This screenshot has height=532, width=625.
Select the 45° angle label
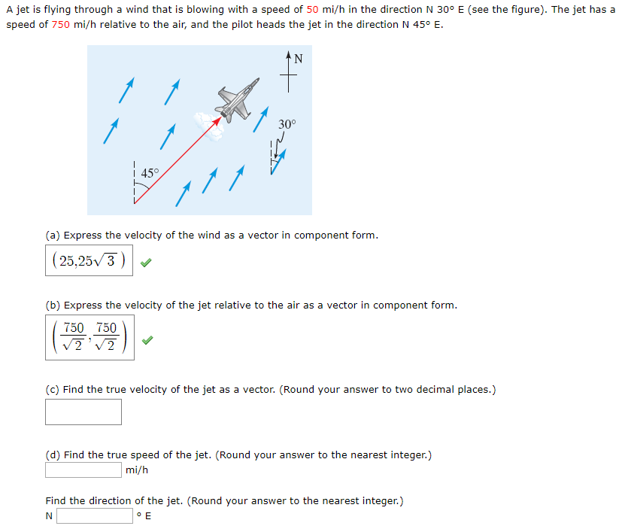point(150,173)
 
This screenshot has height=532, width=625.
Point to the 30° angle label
point(287,123)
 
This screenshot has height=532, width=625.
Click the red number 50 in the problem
point(314,10)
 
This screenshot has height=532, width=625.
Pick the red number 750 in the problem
point(61,24)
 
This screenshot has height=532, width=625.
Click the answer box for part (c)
point(83,412)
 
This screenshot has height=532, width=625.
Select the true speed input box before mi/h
point(83,470)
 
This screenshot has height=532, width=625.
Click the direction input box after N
point(95,516)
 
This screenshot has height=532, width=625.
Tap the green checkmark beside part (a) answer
point(147,263)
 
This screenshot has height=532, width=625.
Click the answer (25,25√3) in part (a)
point(89,260)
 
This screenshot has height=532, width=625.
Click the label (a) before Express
point(53,236)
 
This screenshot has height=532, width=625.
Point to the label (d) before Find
point(53,455)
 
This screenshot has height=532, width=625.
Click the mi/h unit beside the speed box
point(137,470)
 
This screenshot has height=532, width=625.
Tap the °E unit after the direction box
point(144,516)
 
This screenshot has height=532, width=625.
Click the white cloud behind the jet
point(208,124)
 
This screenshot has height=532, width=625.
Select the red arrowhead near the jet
point(219,118)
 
